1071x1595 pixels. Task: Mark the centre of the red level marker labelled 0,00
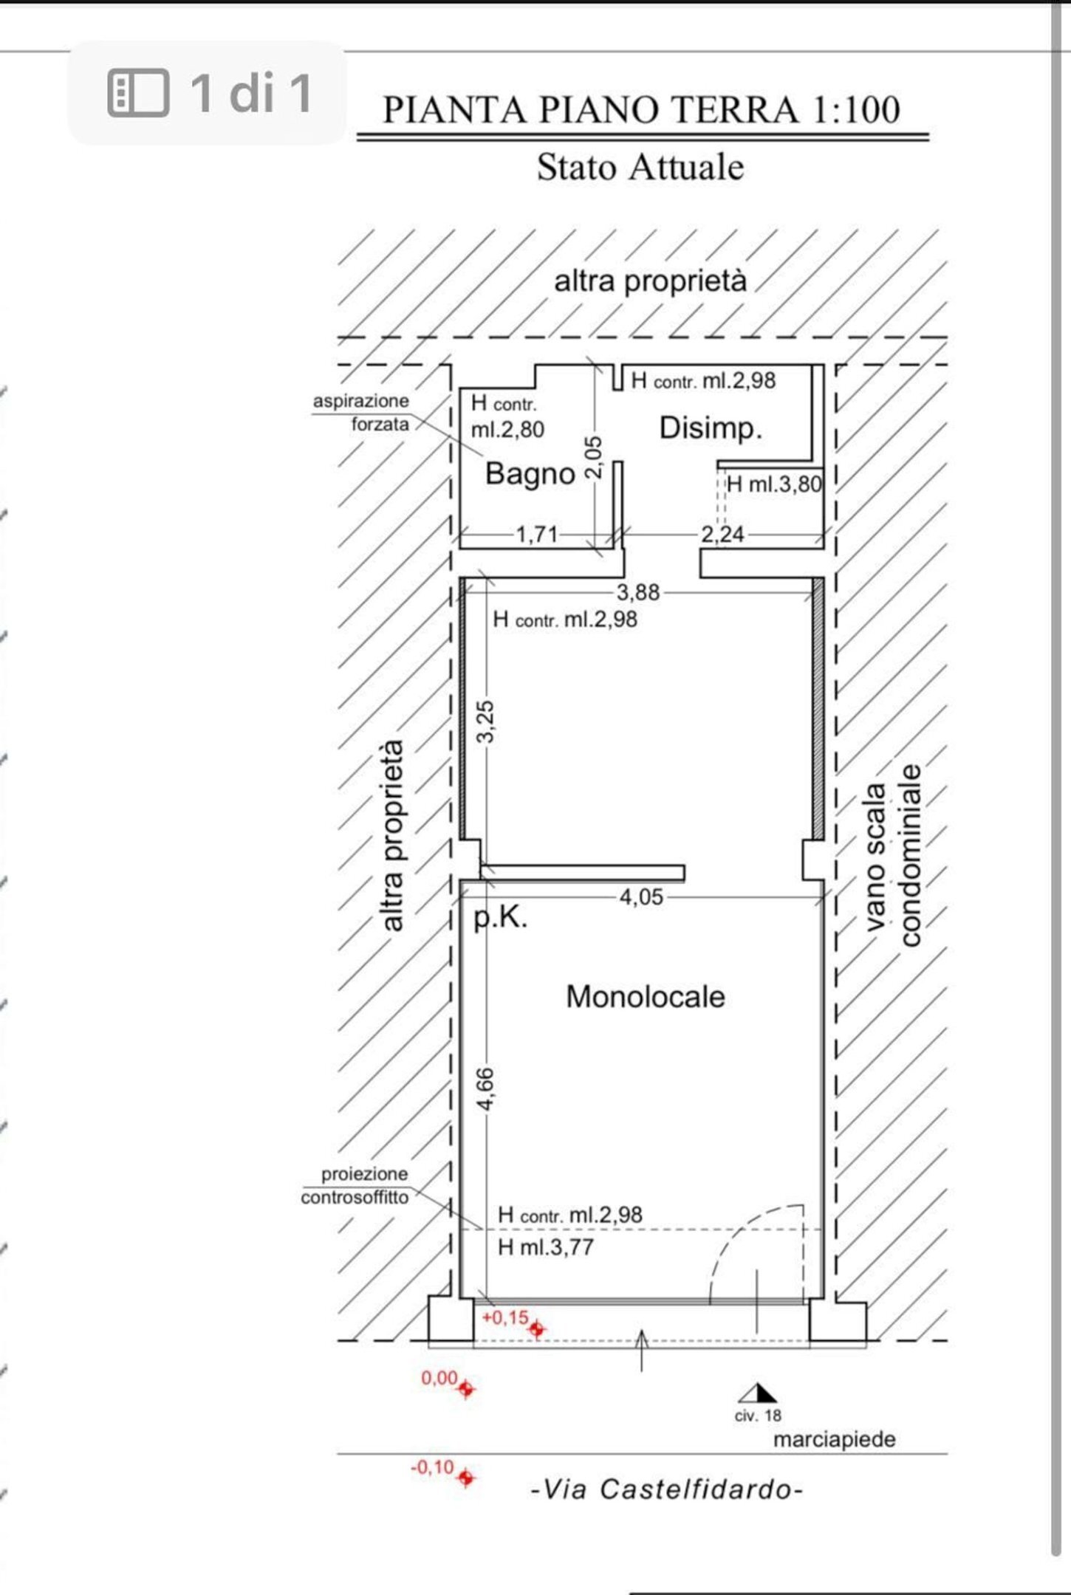coord(465,1389)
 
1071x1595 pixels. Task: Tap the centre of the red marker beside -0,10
coord(465,1478)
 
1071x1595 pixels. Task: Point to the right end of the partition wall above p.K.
coord(684,874)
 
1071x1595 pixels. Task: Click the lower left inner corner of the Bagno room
coord(460,547)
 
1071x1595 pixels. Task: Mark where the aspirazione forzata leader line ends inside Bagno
coord(483,455)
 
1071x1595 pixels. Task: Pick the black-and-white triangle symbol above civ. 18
coord(758,1393)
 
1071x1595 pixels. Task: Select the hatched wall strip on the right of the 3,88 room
coord(818,708)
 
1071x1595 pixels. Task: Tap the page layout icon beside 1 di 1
coord(138,93)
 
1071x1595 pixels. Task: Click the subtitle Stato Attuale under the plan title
coord(640,167)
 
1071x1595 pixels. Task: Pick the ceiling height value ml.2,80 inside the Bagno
coord(507,429)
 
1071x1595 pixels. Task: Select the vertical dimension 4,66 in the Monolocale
coord(485,1088)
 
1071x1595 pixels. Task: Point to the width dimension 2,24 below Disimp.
coord(722,534)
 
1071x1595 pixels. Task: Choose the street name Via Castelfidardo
coord(666,1489)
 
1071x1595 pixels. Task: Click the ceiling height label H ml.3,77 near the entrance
coord(546,1247)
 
